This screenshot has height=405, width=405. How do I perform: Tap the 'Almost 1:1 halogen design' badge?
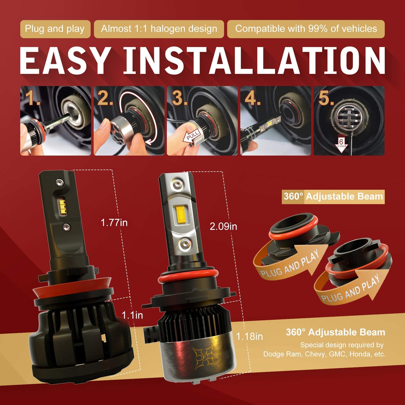point(159,29)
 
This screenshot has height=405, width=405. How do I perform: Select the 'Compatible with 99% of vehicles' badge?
point(306,29)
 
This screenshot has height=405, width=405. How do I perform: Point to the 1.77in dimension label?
point(114,223)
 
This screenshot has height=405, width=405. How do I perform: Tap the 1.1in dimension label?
point(132,315)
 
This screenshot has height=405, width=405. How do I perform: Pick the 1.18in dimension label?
point(249,336)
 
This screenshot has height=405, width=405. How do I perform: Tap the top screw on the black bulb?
point(60,182)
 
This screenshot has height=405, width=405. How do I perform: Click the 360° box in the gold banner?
point(293,197)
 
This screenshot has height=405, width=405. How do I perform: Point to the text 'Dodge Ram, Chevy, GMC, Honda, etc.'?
point(324,354)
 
